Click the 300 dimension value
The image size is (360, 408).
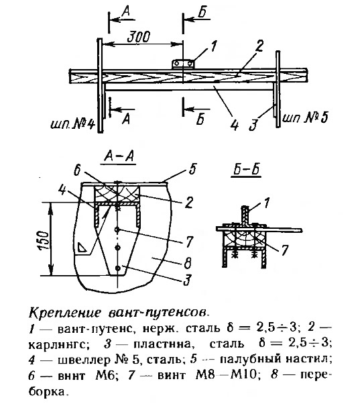click(139, 37)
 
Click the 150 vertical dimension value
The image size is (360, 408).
click(44, 240)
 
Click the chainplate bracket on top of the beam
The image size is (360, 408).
click(183, 64)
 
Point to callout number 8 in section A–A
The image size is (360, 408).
click(188, 263)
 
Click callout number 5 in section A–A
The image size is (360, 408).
click(192, 169)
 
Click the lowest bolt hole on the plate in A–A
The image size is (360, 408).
click(118, 268)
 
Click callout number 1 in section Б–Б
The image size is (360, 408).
click(267, 203)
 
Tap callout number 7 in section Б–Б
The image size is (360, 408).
click(285, 250)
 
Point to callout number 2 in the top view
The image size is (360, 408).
click(259, 46)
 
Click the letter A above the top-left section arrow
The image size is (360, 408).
click(126, 13)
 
